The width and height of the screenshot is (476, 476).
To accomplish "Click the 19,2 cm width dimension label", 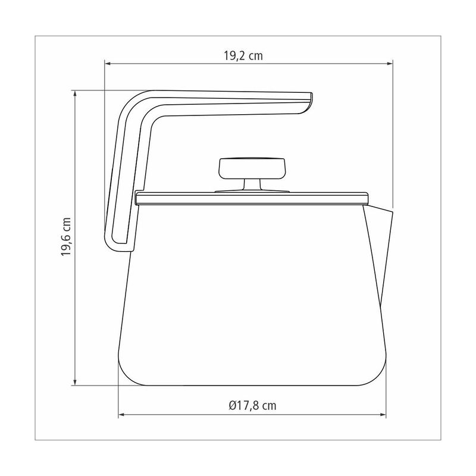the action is point(243,56).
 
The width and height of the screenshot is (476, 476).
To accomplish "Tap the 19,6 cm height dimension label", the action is point(66,237).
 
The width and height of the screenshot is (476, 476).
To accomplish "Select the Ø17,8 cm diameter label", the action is point(252,406).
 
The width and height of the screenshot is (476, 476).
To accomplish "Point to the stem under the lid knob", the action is point(252,184).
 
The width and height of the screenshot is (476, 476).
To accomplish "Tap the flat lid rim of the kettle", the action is point(252,198).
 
